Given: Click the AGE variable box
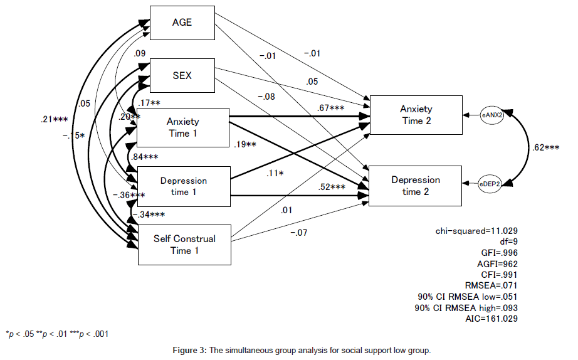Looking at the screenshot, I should (182, 23).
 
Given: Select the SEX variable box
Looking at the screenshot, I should (182, 76).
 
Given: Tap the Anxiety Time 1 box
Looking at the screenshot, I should (183, 127).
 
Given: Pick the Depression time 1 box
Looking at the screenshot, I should (183, 186).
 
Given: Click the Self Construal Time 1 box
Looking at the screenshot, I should (184, 245).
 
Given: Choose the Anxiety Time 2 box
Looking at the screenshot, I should (416, 115).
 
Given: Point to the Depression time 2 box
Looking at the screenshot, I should (416, 186).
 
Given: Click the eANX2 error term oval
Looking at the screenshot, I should (491, 115).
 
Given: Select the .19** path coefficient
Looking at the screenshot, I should (246, 145).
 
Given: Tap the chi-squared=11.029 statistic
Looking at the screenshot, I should (476, 231).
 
